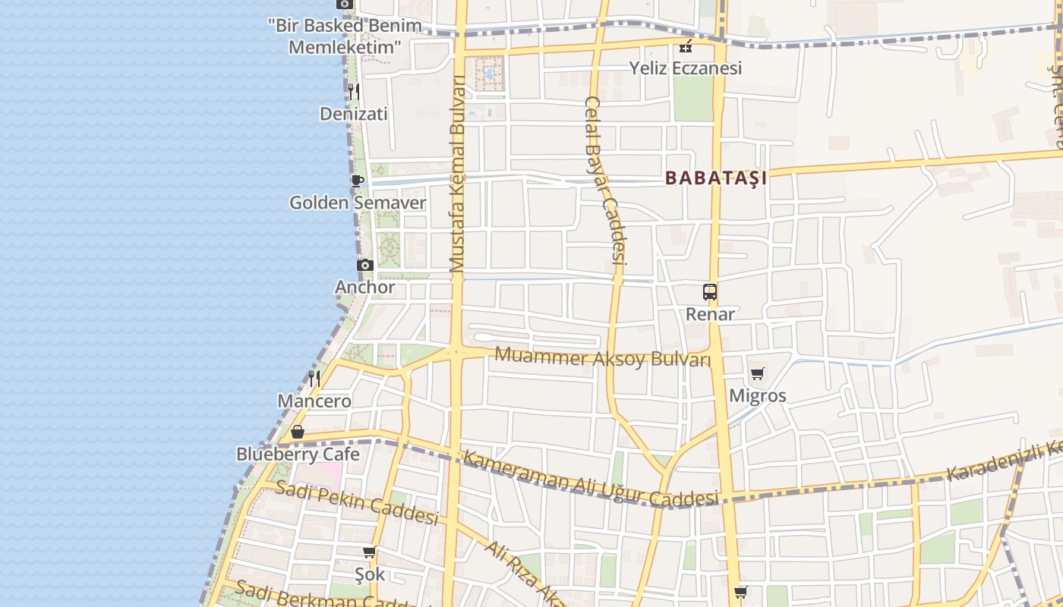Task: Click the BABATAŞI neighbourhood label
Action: (715, 178)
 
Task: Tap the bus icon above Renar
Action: (710, 291)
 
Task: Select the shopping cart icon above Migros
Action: (757, 373)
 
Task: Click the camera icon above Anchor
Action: (365, 265)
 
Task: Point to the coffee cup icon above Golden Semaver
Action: (357, 181)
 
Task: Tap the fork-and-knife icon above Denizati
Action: (354, 92)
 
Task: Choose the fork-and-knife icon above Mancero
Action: (314, 378)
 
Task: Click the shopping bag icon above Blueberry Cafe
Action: (298, 432)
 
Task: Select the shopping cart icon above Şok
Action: (370, 552)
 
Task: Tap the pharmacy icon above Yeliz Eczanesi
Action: (686, 46)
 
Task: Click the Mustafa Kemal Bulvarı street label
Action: (457, 175)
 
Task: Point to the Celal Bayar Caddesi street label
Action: (605, 180)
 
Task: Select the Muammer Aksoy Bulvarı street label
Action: (603, 357)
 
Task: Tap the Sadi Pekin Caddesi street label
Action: (357, 502)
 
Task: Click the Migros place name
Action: (758, 395)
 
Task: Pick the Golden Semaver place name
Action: (358, 203)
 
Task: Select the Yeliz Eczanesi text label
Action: (686, 68)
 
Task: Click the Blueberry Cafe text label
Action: (298, 454)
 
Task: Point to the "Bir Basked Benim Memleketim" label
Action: (345, 36)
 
